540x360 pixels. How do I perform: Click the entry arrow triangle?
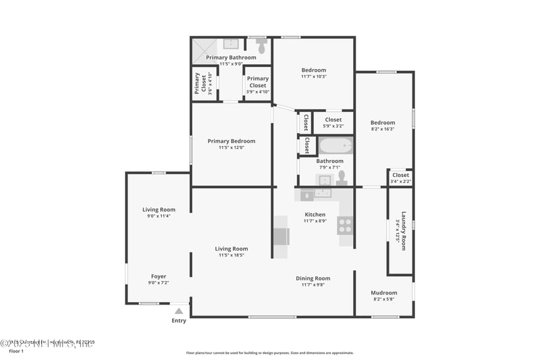coord(179,311)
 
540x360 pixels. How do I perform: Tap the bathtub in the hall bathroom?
coord(335,146)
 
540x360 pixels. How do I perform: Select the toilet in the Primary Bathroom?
coord(261,47)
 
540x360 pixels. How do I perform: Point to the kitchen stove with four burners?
coord(345,225)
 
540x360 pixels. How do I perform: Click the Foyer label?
coord(159,276)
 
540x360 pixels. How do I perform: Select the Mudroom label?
coord(384,292)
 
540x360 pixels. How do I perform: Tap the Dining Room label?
coord(313,278)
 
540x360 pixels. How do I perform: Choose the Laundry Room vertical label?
coord(404,230)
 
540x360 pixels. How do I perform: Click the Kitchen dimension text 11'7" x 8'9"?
coord(315,221)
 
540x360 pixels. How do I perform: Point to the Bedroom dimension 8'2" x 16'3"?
coord(383,129)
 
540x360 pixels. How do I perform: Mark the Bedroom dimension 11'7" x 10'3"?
coord(314,76)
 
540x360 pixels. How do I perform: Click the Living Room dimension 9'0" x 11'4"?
coord(159,216)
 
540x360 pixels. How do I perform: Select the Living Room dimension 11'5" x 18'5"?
coord(232,255)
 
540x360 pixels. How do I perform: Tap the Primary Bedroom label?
coord(232,140)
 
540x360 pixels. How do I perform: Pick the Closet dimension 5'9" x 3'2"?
coord(333,126)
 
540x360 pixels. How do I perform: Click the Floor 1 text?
coord(16,351)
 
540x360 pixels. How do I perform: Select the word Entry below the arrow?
coord(179,320)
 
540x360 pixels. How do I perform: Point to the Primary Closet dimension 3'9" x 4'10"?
coord(258,92)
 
